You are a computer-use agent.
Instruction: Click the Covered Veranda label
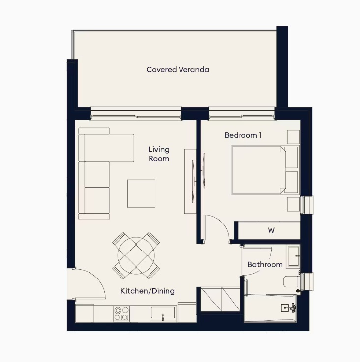[178, 69]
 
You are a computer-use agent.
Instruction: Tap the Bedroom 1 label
[243, 135]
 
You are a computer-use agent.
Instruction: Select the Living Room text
[159, 154]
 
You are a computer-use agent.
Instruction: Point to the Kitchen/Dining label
[148, 291]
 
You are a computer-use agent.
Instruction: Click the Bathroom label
[265, 264]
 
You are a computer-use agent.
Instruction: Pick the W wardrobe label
[271, 230]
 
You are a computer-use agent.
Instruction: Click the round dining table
[136, 255]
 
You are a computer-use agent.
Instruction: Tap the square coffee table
[141, 194]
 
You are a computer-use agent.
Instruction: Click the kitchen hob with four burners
[121, 313]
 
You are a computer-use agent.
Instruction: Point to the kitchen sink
[163, 313]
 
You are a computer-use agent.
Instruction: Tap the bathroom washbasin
[293, 256]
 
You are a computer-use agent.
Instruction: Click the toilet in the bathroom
[292, 281]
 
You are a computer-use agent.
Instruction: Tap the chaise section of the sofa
[109, 147]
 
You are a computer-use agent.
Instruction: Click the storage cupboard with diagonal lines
[220, 299]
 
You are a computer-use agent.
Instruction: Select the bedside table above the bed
[293, 137]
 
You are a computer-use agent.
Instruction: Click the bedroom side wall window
[306, 205]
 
